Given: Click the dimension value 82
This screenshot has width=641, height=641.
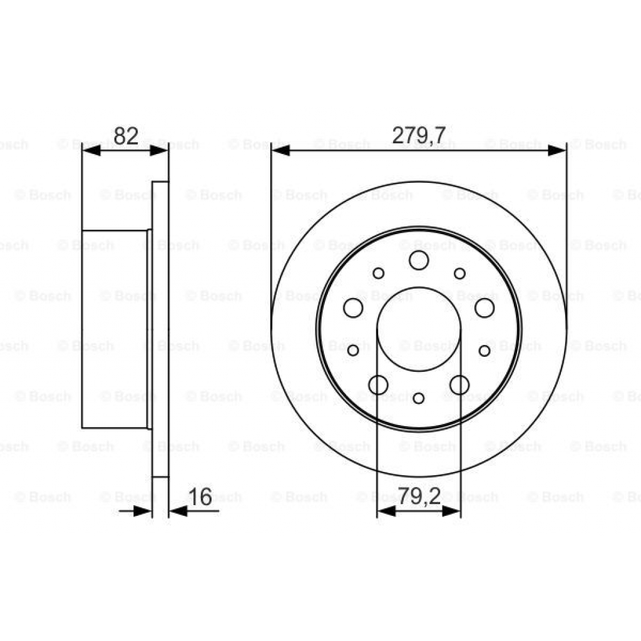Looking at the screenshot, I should pos(126,136).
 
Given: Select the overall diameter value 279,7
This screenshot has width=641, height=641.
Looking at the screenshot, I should pos(418,135).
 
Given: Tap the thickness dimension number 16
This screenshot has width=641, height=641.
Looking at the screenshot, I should pos(200,497).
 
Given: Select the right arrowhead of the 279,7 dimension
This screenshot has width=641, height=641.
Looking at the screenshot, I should pos(557,150).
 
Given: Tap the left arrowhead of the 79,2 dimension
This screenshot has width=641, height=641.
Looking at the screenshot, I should pos(386,511).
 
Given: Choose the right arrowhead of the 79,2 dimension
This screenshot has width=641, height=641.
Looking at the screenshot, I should pos(451,511).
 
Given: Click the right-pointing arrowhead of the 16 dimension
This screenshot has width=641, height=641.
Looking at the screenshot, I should pos(143,511).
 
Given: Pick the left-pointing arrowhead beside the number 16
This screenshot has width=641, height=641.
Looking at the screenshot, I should pos(179,511).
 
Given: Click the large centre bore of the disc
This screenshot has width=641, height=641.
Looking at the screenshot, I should pos(419,329).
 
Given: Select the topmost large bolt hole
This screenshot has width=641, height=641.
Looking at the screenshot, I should pos(419,260).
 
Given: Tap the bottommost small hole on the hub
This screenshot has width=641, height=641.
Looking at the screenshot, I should pos(419,398).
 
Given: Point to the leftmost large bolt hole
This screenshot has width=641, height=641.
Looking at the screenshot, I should pos(353,307).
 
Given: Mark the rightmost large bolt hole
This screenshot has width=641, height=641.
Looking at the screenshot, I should pos(485,307).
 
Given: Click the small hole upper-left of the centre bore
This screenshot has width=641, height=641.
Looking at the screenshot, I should pos(378,274).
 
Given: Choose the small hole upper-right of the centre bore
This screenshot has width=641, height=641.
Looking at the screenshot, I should pos(459,274).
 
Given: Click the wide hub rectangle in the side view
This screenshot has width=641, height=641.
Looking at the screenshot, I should pos(115,329).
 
